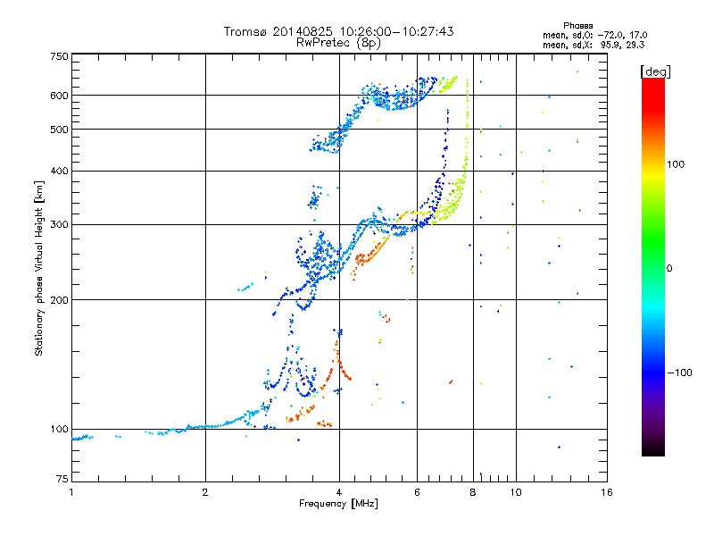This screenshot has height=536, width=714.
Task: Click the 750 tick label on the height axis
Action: coord(59,56)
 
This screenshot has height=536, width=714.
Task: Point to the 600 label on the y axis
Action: coord(59,96)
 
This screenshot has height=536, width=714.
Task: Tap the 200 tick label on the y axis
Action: coord(59,300)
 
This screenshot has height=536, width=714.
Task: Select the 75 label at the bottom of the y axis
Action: coord(62,479)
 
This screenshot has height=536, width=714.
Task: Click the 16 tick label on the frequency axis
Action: coord(607,492)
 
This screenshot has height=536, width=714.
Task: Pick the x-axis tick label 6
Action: coord(417,492)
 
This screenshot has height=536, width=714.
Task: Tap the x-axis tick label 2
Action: coord(205,492)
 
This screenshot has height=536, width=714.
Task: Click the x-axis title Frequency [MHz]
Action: coord(338,504)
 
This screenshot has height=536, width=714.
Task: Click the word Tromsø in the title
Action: coord(245,31)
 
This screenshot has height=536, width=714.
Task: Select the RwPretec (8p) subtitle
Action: coord(338,43)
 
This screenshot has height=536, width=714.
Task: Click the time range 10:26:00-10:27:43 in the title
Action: coord(396,31)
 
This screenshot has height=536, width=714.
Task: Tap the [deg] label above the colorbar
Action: coord(655,71)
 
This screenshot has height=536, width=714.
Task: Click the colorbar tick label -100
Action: coord(679,373)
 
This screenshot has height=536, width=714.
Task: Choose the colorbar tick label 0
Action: coord(669,269)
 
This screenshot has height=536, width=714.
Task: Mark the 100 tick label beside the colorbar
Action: coord(676,164)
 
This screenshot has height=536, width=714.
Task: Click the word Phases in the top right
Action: coord(577,26)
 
